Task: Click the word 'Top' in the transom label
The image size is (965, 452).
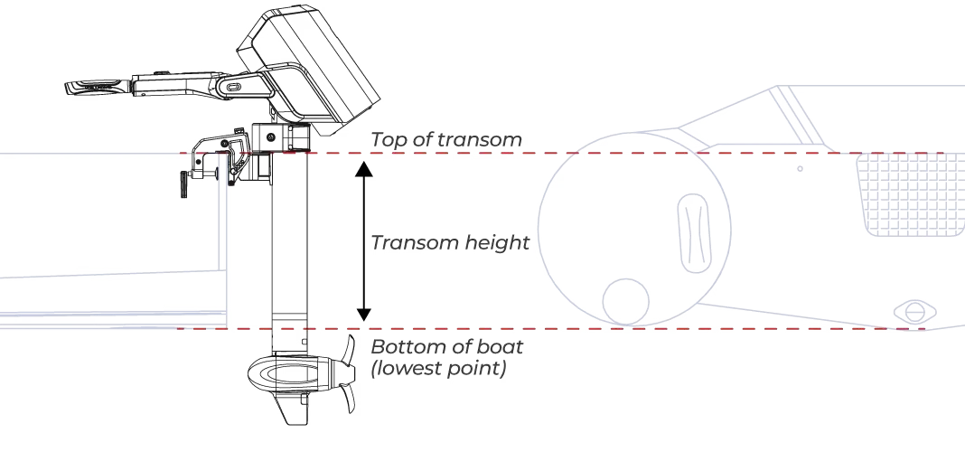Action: click(x=387, y=140)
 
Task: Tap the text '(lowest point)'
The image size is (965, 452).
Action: click(x=437, y=368)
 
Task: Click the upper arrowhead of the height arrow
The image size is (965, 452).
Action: click(x=364, y=169)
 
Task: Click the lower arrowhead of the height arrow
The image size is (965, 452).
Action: click(x=364, y=314)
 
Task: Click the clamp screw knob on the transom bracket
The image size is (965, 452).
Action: click(x=184, y=184)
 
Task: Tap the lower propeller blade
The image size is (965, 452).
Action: click(x=349, y=397)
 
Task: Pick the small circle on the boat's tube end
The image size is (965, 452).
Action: click(x=625, y=302)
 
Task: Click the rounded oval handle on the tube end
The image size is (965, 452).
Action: click(x=694, y=232)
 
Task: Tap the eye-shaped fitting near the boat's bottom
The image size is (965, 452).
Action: click(x=915, y=312)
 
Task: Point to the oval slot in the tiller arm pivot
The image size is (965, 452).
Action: click(x=233, y=87)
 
